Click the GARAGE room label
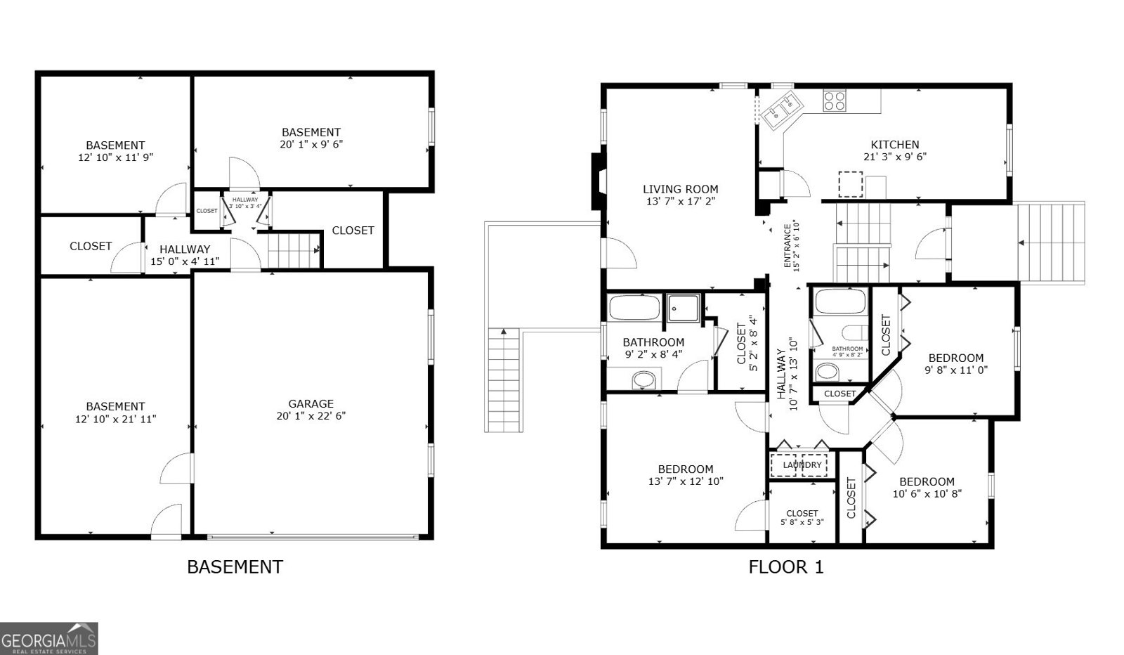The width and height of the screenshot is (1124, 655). pyautogui.click(x=311, y=403)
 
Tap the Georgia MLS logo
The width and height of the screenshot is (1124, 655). pyautogui.click(x=48, y=639)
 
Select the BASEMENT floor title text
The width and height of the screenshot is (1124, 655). pyautogui.click(x=235, y=566)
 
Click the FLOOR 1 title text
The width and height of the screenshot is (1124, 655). pyautogui.click(x=785, y=566)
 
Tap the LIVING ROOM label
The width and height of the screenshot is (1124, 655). pyautogui.click(x=680, y=189)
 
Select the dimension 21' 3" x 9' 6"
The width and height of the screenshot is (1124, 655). pyautogui.click(x=894, y=157)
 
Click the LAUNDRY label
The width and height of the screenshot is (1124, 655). pyautogui.click(x=802, y=465)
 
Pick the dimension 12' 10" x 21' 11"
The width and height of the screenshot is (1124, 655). pyautogui.click(x=115, y=419)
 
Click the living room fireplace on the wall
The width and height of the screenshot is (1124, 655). pyautogui.click(x=598, y=181)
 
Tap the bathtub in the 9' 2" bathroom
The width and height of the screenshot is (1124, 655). pyautogui.click(x=634, y=308)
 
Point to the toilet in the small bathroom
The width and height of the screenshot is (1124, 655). pyautogui.click(x=856, y=333)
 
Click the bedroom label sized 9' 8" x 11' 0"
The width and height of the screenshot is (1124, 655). pyautogui.click(x=955, y=358)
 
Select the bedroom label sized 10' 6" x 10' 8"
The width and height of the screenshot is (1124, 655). pyautogui.click(x=927, y=481)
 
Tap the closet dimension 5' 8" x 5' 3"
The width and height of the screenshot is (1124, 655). pyautogui.click(x=802, y=522)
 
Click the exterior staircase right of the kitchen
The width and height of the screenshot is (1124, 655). pyautogui.click(x=1051, y=243)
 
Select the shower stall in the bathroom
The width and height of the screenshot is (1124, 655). pyautogui.click(x=684, y=308)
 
